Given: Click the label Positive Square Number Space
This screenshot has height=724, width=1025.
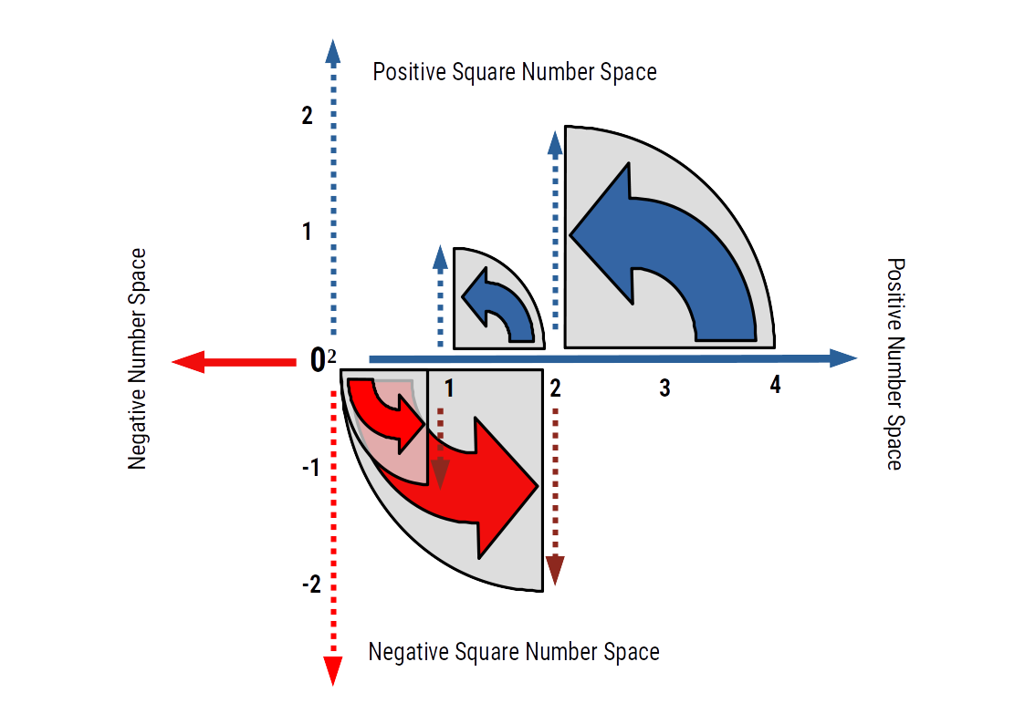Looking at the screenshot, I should point(515,72).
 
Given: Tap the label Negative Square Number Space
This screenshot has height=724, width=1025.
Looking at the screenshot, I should point(513,652).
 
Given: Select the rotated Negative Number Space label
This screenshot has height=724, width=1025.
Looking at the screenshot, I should point(138,359).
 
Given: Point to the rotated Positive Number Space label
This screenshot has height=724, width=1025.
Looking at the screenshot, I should point(895,363).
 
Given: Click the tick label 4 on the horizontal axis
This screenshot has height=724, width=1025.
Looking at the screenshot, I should point(775,386).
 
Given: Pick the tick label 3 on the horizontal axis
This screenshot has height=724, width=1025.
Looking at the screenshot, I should point(664,388).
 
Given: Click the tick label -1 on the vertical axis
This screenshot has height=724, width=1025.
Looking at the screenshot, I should point(310,469).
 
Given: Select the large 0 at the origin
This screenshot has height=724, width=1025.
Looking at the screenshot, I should point(317,361).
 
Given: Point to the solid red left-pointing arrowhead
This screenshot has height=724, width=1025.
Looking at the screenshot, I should point(187,362).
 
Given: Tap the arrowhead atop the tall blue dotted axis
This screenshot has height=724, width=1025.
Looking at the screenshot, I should point(333,51).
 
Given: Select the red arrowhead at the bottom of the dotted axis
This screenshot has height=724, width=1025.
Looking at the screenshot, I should point(333,670).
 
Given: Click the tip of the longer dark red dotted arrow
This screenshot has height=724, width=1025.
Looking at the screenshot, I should point(555,573).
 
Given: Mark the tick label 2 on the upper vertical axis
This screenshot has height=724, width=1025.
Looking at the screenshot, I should point(307,117).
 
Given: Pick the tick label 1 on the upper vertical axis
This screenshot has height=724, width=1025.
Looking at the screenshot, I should point(307,232).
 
